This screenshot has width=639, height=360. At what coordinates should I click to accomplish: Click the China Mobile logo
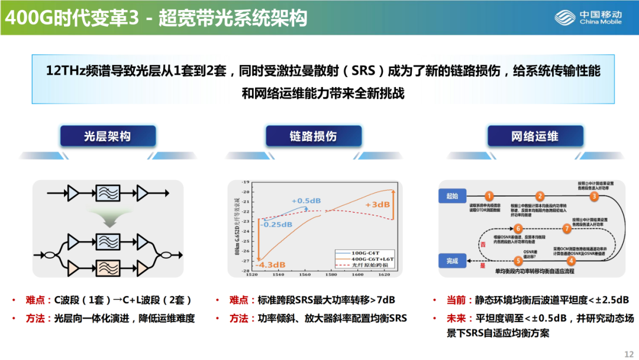588,18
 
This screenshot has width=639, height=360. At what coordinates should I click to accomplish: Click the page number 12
628,353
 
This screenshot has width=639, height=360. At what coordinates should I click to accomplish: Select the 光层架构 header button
107,137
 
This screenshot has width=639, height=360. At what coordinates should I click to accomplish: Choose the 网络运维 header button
534,137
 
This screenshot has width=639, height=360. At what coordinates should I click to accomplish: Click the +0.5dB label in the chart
304,200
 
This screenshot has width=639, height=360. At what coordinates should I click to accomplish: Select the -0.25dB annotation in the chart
276,224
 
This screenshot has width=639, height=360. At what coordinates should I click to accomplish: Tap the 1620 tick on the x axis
385,275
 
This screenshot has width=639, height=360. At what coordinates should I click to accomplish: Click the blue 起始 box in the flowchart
453,195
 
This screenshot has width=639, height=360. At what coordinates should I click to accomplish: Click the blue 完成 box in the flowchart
453,260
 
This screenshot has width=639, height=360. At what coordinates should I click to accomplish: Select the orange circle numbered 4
571,260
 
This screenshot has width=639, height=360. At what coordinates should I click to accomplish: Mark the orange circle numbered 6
518,229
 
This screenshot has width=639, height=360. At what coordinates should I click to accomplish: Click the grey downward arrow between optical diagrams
107,221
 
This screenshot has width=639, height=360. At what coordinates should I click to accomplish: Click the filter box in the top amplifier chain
107,193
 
